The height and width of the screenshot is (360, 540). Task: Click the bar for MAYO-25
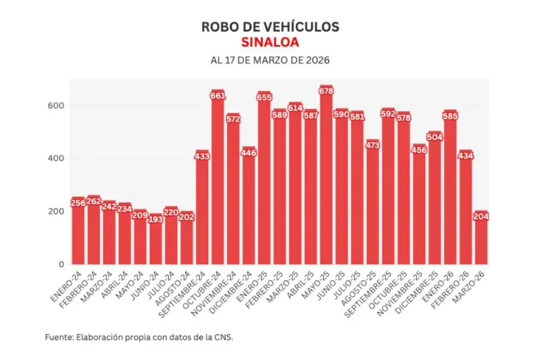coord(326,176)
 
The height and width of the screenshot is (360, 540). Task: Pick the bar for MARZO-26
coord(481,239)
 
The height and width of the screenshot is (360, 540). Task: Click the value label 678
coord(326,91)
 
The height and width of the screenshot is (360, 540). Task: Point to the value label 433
coord(202,156)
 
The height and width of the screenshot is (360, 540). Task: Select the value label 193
coord(156,219)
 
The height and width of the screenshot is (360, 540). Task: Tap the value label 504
coord(435,137)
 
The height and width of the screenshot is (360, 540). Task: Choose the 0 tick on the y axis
coord(62,264)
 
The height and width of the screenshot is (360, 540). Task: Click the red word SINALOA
coord(270,41)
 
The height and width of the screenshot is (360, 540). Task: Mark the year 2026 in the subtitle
coord(316,60)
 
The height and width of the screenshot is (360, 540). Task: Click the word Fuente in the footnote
coord(58,337)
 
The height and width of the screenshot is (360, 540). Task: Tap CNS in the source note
coord(221,337)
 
